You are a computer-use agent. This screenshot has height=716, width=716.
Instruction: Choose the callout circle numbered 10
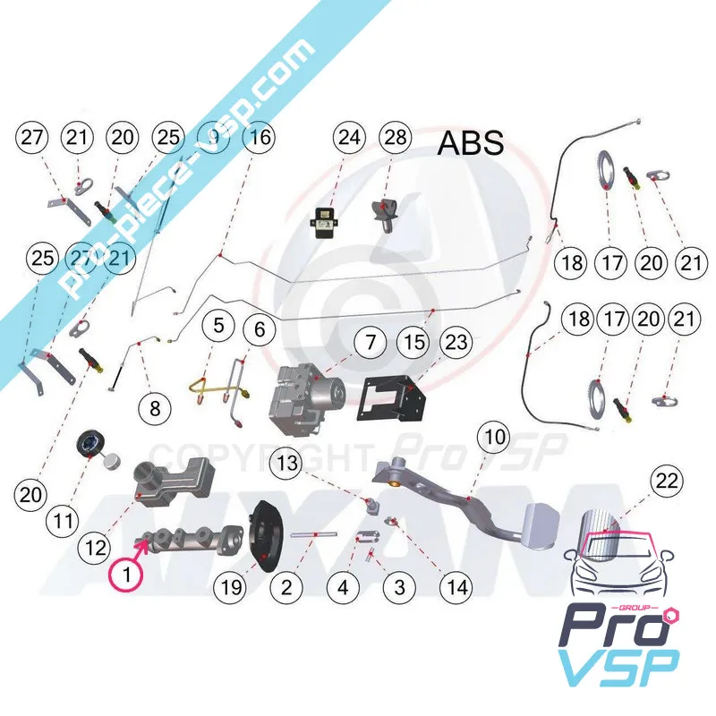coord(496,439)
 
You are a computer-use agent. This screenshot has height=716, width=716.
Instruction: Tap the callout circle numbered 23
coord(456,341)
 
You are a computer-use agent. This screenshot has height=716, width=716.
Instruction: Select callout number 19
coord(232,588)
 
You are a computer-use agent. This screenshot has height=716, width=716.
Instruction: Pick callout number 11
coord(63,518)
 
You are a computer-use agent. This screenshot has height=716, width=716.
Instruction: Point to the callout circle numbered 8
coord(155,409)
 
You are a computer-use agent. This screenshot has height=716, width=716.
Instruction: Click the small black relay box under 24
coord(324,217)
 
